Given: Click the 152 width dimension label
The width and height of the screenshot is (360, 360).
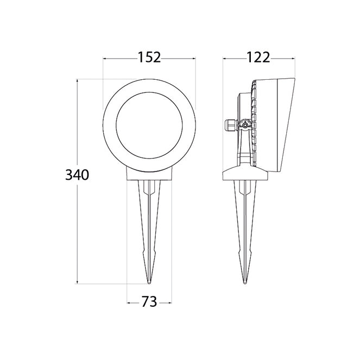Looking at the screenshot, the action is (x=149, y=58).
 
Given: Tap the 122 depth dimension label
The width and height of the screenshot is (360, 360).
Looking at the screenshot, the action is (x=258, y=58).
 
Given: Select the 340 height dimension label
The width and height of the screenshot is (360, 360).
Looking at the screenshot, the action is (x=77, y=175).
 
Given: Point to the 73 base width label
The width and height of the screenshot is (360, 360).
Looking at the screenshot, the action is (x=149, y=301).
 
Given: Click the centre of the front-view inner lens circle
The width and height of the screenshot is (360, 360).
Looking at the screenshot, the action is (x=149, y=125).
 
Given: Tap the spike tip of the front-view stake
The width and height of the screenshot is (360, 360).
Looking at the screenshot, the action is (x=149, y=283).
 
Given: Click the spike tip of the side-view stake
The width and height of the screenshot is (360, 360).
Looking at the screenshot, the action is (x=245, y=283).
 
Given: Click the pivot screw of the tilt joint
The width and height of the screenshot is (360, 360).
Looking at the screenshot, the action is (x=245, y=125).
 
